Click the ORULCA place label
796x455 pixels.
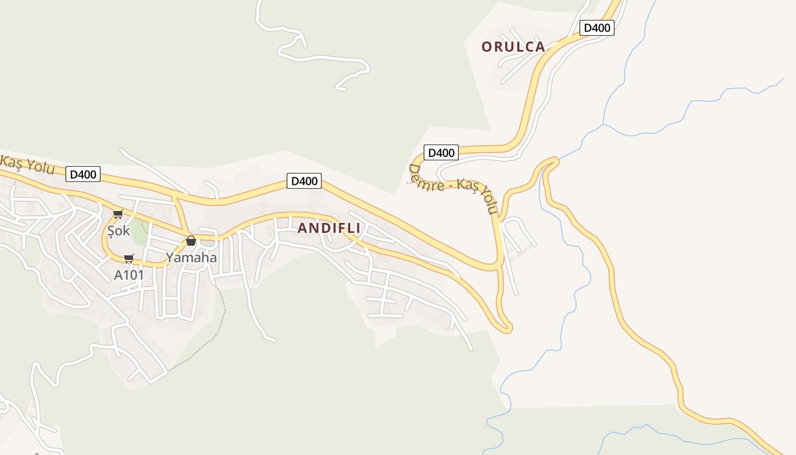coord(513,47)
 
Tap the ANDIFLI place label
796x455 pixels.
coord(329,229)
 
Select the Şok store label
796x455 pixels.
coord(119,231)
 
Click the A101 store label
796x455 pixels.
coord(128,275)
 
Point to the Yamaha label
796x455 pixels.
coord(191,258)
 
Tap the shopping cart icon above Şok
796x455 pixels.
coord(118,214)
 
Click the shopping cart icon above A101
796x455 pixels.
coord(129,259)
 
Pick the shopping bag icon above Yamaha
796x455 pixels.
coord(191,241)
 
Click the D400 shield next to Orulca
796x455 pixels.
coord(596,27)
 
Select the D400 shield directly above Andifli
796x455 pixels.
coord(304,181)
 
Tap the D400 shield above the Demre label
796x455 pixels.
coord(441,152)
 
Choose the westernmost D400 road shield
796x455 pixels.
coord(83,174)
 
